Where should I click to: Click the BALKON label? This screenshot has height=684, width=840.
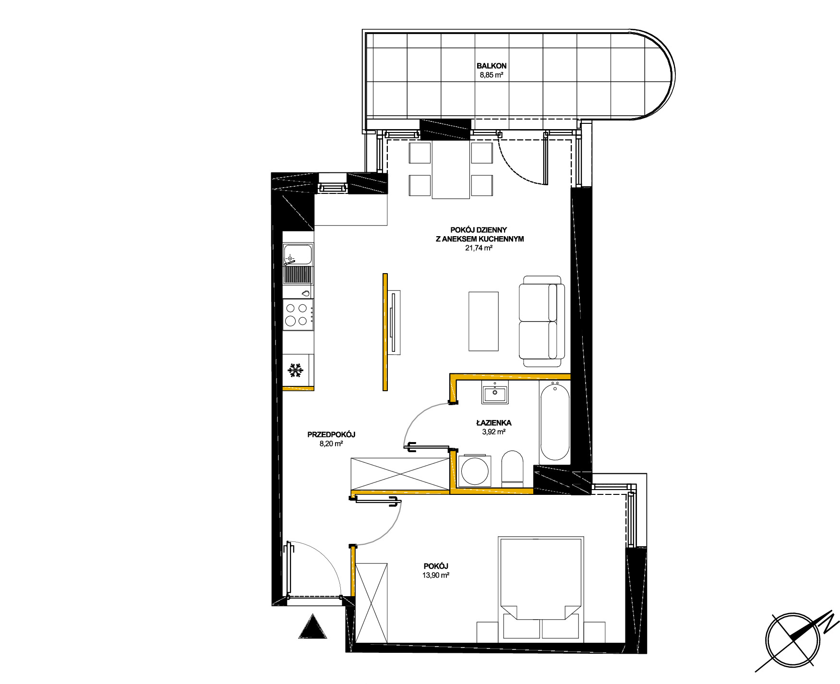(x=492, y=66)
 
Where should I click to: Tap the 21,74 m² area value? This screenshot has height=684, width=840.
(x=479, y=248)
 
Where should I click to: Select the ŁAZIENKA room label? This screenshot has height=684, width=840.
(x=493, y=423)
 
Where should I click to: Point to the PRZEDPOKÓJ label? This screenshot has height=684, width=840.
(x=331, y=434)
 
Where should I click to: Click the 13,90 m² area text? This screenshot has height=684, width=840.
(x=436, y=575)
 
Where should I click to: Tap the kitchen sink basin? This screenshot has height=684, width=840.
(x=298, y=255)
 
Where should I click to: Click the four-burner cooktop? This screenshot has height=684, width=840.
(x=298, y=314)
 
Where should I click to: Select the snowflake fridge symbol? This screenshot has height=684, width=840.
(x=296, y=370)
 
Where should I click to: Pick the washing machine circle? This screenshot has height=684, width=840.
(x=475, y=470)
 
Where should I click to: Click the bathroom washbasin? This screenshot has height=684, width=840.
(x=494, y=394)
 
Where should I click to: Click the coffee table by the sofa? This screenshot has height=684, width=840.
(x=483, y=321)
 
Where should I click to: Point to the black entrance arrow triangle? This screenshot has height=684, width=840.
(x=312, y=626)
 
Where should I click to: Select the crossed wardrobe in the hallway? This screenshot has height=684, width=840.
(x=400, y=473)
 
